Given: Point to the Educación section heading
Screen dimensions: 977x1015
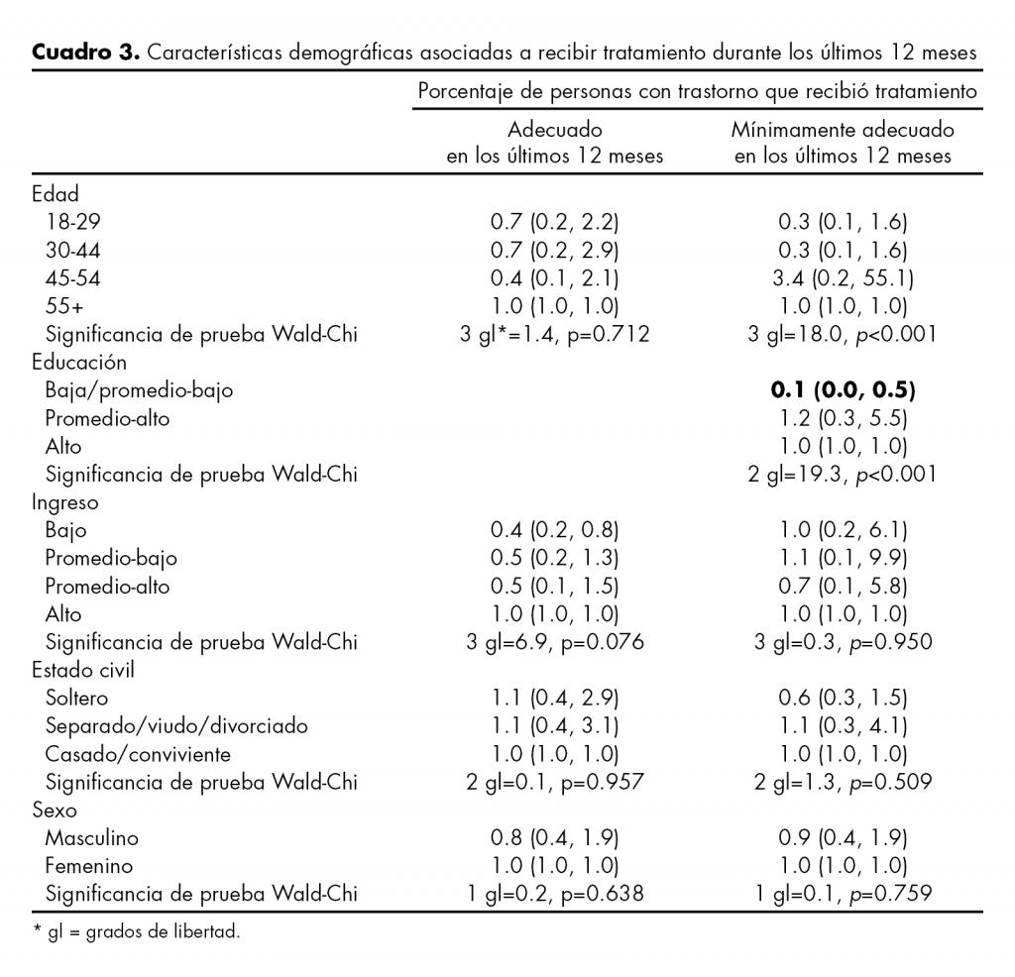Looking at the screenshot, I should [79, 363].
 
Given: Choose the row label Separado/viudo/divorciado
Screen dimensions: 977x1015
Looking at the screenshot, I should [175, 725].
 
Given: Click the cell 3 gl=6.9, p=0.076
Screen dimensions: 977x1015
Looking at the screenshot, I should [555, 642].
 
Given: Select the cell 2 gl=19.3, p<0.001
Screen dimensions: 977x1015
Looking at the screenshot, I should [842, 474].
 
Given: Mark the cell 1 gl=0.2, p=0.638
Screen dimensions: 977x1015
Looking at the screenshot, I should [555, 894].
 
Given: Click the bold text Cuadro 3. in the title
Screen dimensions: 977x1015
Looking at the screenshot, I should [86, 53].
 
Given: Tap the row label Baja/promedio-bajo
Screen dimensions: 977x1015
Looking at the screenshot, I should [139, 390].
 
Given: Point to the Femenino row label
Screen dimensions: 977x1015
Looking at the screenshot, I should [88, 865].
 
